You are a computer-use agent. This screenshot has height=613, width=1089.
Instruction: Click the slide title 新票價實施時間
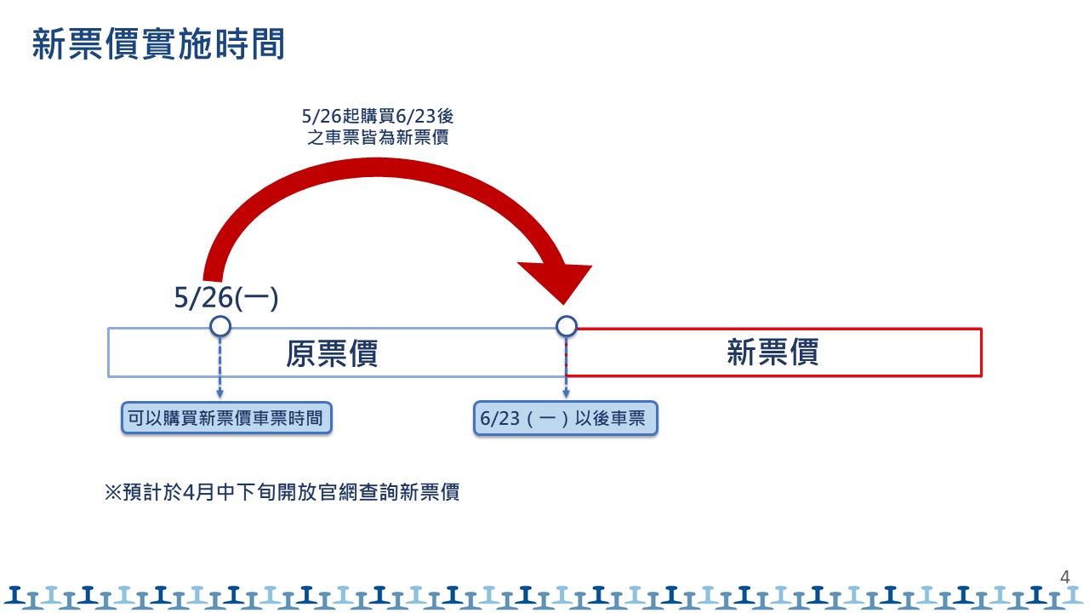[x=158, y=44]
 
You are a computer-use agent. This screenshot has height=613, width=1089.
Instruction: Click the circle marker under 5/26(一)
[x=220, y=326]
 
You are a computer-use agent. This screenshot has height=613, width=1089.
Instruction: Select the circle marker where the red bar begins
[x=567, y=326]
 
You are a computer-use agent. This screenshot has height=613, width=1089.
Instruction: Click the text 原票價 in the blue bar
[x=331, y=352]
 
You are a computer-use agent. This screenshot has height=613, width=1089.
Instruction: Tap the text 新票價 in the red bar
[x=773, y=352]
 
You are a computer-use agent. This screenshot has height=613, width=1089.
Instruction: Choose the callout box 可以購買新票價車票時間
[x=225, y=418]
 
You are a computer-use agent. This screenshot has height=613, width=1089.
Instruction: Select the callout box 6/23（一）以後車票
[x=565, y=419]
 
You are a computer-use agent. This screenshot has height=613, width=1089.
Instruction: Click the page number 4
[x=1064, y=576]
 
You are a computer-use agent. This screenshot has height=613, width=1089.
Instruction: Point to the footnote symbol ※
[x=113, y=492]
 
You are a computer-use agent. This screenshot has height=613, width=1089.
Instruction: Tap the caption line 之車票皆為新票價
[x=384, y=136]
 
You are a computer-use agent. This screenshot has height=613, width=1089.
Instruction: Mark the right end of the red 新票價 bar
[x=981, y=352]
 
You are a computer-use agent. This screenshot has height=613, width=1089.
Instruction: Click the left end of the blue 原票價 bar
[x=110, y=352]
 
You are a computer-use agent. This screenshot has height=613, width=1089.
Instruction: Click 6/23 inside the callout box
[x=498, y=419]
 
